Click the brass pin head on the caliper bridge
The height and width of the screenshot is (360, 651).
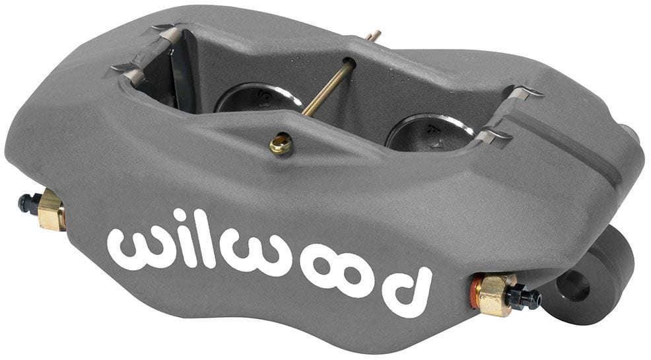point(281,144)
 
